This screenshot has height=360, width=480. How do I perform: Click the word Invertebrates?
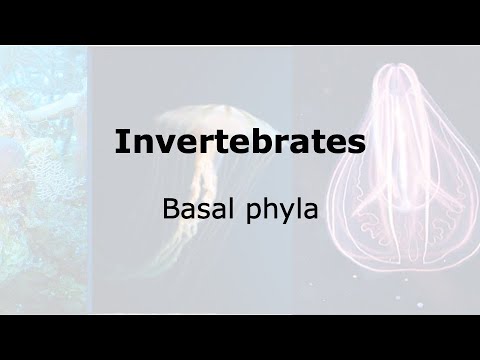point(239,141)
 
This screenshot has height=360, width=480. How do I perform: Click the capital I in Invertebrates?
point(120,141)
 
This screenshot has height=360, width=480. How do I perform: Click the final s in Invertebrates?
point(357,144)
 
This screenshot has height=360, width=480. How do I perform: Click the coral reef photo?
point(40,180)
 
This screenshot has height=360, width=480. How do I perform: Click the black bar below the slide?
point(240,337)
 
